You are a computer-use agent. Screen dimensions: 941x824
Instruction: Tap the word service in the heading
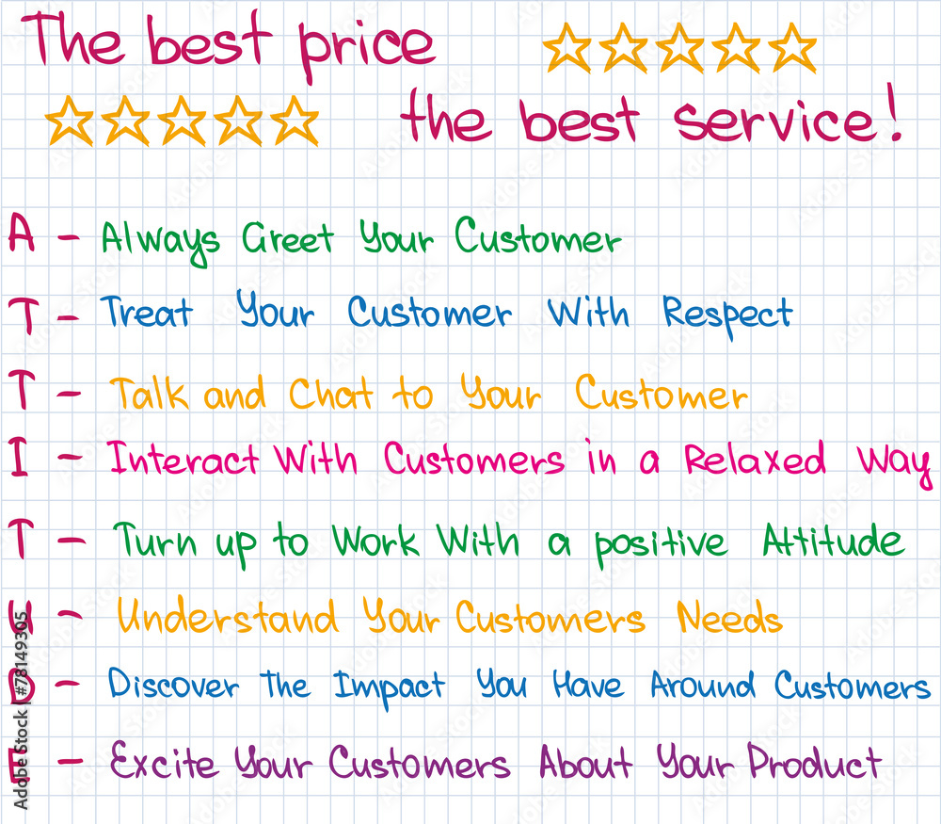click(774, 121)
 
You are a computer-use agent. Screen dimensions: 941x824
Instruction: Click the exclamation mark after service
click(894, 112)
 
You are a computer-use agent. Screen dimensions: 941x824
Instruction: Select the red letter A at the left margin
click(21, 233)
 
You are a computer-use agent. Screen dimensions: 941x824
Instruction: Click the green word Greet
click(287, 238)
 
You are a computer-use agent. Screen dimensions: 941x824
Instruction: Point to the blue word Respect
click(727, 315)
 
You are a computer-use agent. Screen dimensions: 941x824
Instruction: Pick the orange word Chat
click(330, 394)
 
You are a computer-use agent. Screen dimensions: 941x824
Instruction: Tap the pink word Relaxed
click(755, 460)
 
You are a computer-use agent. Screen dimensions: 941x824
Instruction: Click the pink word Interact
click(183, 459)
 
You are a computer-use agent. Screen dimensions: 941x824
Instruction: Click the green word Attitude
click(833, 540)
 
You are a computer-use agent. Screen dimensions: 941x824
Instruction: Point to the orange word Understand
click(227, 616)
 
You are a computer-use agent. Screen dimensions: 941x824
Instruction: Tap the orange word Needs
click(730, 617)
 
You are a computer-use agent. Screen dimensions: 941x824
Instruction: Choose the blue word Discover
click(173, 684)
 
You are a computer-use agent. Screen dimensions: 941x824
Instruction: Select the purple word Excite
click(163, 760)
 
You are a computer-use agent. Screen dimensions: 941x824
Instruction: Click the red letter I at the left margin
click(18, 457)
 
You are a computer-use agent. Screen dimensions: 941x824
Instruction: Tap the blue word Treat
click(147, 312)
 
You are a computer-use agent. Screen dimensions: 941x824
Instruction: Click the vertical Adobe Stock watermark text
click(21, 710)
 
